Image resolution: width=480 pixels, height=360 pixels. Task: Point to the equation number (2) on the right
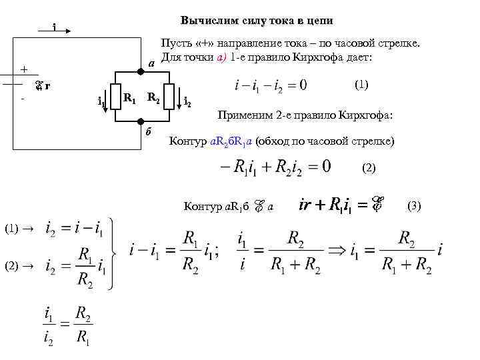pyautogui.click(x=369, y=168)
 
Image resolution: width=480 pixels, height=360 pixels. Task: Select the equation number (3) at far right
pyautogui.click(x=414, y=206)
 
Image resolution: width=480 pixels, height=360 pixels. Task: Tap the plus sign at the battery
pyautogui.click(x=24, y=69)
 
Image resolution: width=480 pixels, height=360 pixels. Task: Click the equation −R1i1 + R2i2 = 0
pyautogui.click(x=274, y=167)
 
